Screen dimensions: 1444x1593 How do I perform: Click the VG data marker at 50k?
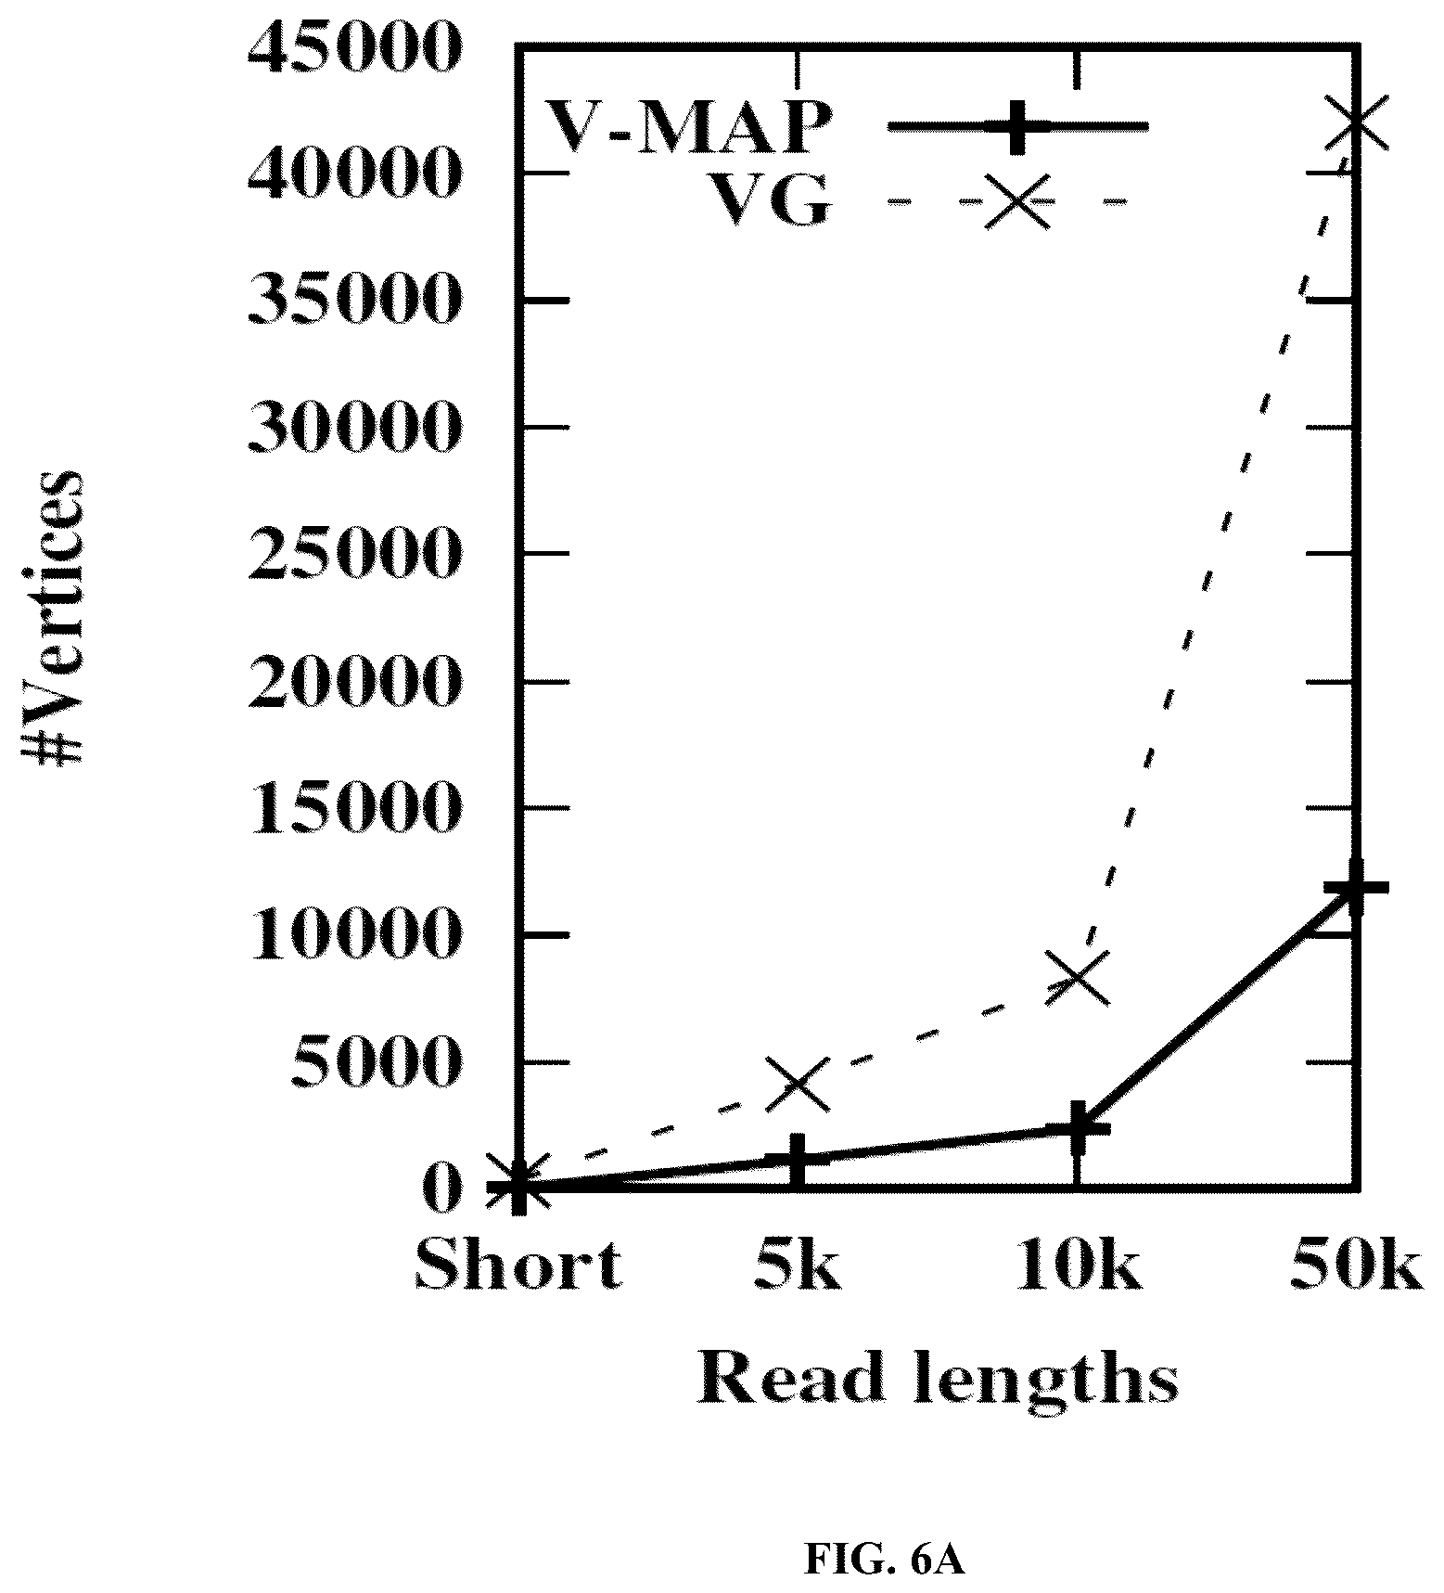(x=1357, y=122)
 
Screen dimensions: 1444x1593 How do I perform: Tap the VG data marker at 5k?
(x=799, y=1084)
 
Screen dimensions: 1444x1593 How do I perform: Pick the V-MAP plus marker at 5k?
(x=799, y=1158)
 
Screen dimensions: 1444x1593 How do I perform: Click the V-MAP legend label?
(x=687, y=126)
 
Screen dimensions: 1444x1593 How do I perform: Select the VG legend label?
(x=768, y=200)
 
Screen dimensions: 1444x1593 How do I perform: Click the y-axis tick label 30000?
(x=353, y=427)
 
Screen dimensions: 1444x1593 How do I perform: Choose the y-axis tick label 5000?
(x=375, y=1062)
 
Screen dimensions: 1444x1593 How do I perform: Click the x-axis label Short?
(x=518, y=1264)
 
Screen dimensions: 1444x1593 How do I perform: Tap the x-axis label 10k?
(x=1078, y=1264)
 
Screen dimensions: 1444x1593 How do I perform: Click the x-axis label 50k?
(x=1356, y=1264)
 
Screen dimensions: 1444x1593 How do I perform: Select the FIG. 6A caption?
(x=886, y=1561)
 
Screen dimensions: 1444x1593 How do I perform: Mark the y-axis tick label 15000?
(x=353, y=808)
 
